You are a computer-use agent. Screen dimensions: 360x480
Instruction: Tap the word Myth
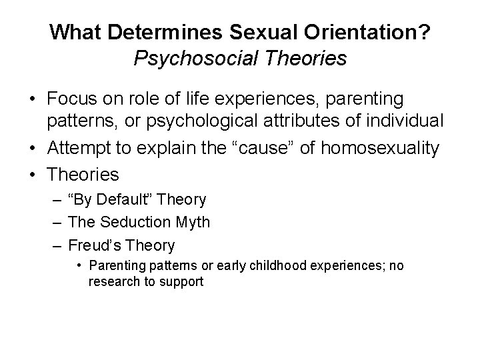tap(191, 222)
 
